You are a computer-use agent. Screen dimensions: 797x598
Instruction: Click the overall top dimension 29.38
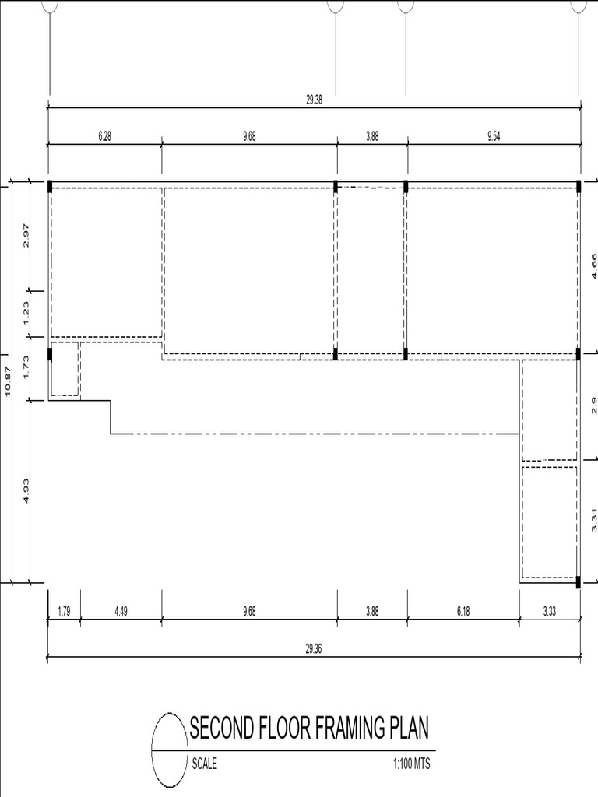[x=314, y=100]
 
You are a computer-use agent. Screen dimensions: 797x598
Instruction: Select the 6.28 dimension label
[x=105, y=136]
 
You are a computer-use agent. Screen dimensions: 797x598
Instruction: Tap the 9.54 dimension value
[x=494, y=136]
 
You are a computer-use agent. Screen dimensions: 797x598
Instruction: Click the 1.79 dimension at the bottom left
[x=64, y=612]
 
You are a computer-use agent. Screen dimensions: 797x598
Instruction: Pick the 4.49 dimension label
[x=121, y=612]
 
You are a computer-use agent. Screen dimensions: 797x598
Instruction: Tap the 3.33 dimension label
[x=550, y=612]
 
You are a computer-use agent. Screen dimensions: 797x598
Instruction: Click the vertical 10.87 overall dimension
[x=9, y=382]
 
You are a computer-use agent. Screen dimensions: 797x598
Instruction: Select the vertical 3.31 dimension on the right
[x=593, y=519]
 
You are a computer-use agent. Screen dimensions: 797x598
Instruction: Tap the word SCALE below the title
[x=205, y=764]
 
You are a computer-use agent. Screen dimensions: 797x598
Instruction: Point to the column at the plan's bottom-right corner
[x=579, y=581]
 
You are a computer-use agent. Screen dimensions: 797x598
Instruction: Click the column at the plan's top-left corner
[x=50, y=186]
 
